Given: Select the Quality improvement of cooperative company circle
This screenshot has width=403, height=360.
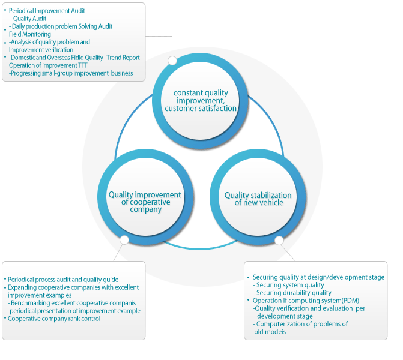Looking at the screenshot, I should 144,202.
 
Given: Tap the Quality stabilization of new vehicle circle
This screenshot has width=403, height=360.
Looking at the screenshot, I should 258,199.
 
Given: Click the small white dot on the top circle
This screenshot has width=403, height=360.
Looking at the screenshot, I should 172,61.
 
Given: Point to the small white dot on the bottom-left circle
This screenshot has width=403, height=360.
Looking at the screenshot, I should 124,240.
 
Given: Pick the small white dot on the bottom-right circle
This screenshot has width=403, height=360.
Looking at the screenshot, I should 279,240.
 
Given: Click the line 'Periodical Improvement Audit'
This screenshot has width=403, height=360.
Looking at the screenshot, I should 47,11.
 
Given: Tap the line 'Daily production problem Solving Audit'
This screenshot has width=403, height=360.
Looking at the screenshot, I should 62,26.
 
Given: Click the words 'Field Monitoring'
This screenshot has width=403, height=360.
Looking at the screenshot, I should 30,34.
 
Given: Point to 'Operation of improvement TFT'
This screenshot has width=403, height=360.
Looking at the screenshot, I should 48,65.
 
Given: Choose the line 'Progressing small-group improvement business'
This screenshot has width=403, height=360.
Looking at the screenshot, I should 71,73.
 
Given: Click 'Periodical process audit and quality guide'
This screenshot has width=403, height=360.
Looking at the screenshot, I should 63,280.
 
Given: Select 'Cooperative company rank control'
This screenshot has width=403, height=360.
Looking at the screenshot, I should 54,319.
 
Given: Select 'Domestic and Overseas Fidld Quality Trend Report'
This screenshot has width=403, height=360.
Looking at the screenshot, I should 75,58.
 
